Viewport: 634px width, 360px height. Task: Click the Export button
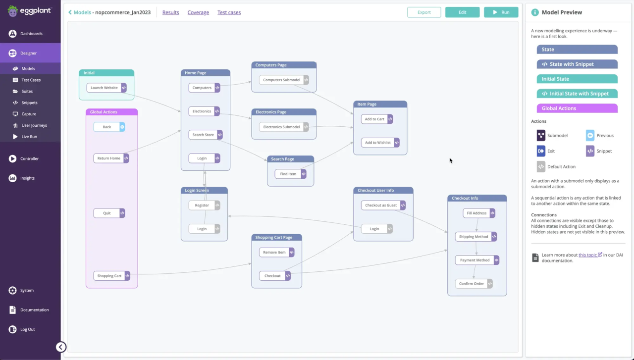tap(423, 12)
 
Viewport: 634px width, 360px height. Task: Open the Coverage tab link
tap(198, 12)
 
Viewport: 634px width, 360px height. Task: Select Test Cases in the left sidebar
tap(31, 80)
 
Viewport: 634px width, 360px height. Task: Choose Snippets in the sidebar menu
tap(29, 103)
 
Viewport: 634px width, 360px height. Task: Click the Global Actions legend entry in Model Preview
tap(577, 108)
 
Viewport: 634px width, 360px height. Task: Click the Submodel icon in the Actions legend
tap(541, 135)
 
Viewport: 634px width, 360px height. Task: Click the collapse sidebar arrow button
tap(60, 347)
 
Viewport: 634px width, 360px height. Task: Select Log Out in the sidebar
tap(27, 329)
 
